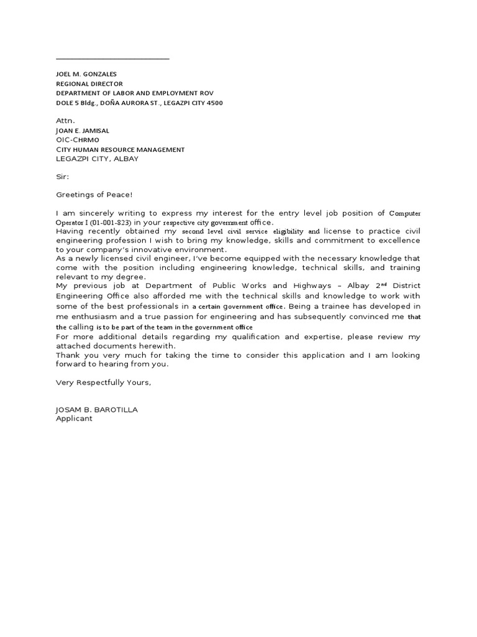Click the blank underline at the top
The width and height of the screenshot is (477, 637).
112,58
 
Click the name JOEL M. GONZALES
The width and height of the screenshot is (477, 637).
86,74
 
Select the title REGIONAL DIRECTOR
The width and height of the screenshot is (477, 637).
89,83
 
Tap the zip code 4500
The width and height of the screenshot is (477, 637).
214,103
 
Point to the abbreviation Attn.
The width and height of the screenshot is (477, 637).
65,121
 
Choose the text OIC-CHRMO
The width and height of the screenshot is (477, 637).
78,140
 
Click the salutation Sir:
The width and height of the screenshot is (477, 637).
63,177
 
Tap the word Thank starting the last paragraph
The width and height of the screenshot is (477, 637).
68,355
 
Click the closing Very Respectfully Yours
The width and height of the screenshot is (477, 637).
103,382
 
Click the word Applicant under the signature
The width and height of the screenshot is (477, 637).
74,419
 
